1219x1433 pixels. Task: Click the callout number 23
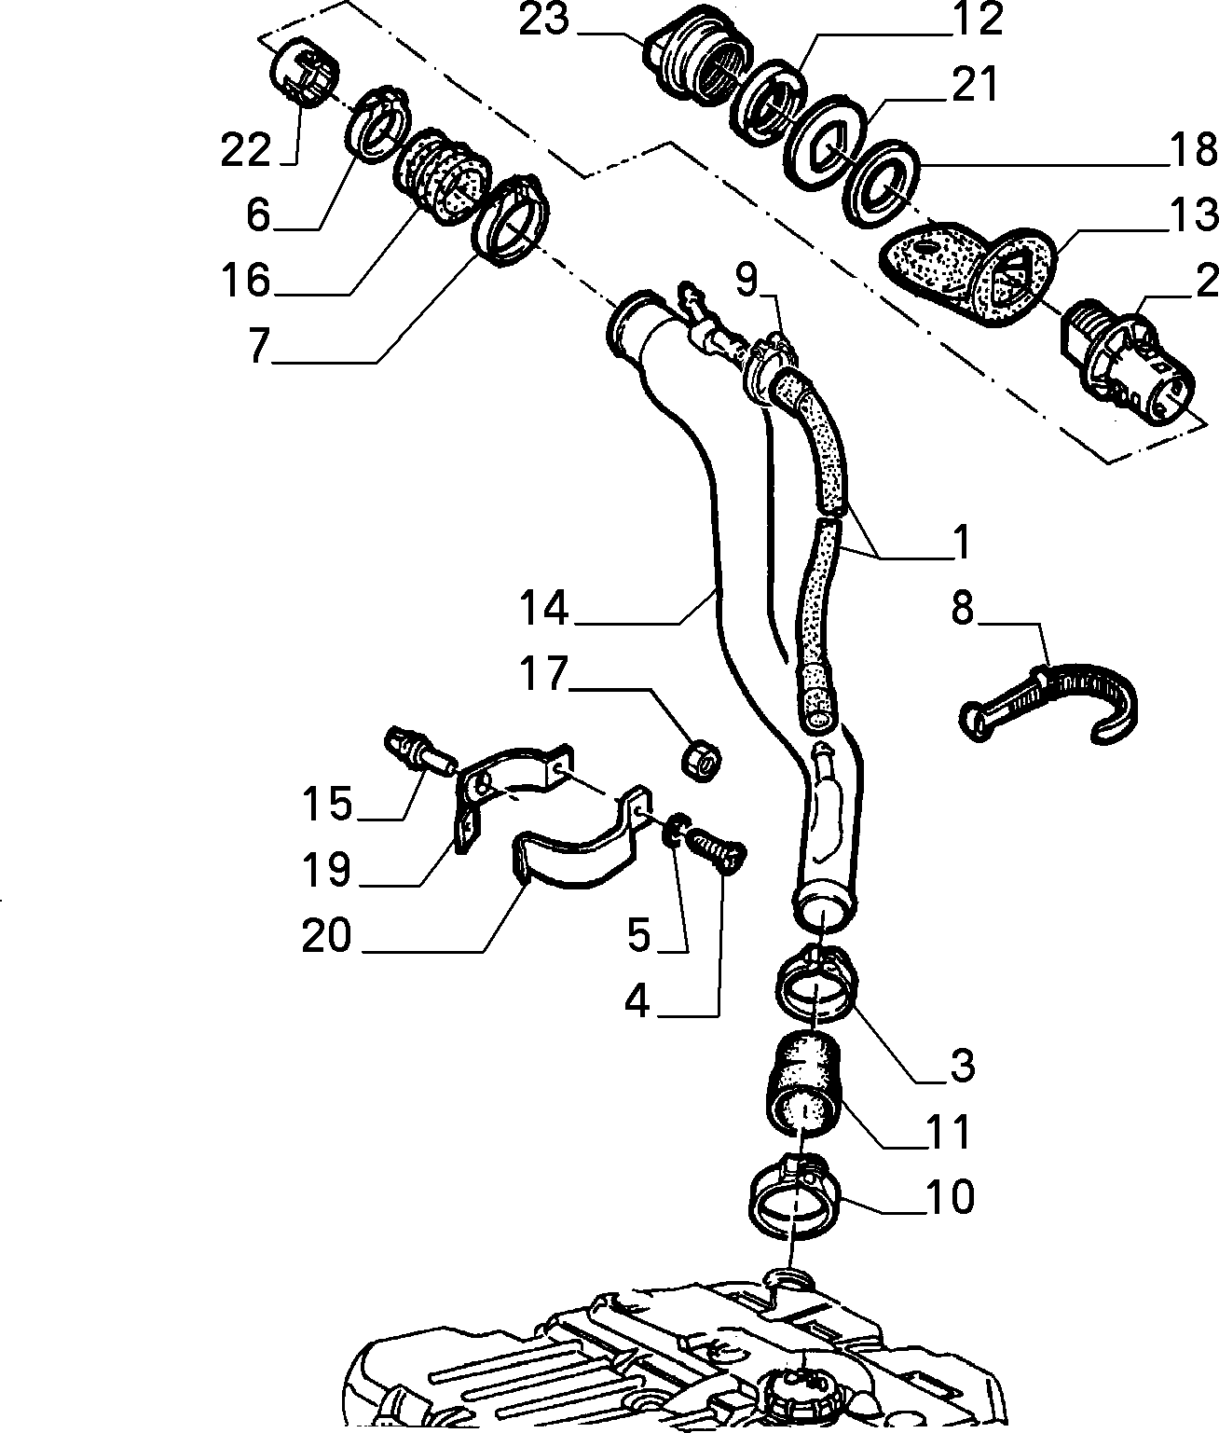pyautogui.click(x=544, y=20)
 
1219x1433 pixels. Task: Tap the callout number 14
pyautogui.click(x=544, y=608)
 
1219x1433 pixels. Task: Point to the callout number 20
pyautogui.click(x=326, y=936)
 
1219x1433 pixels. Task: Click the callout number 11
pyautogui.click(x=950, y=1132)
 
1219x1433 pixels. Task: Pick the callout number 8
pyautogui.click(x=963, y=609)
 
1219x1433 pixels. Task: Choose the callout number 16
pyautogui.click(x=245, y=280)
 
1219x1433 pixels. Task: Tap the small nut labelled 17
pyautogui.click(x=702, y=764)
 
